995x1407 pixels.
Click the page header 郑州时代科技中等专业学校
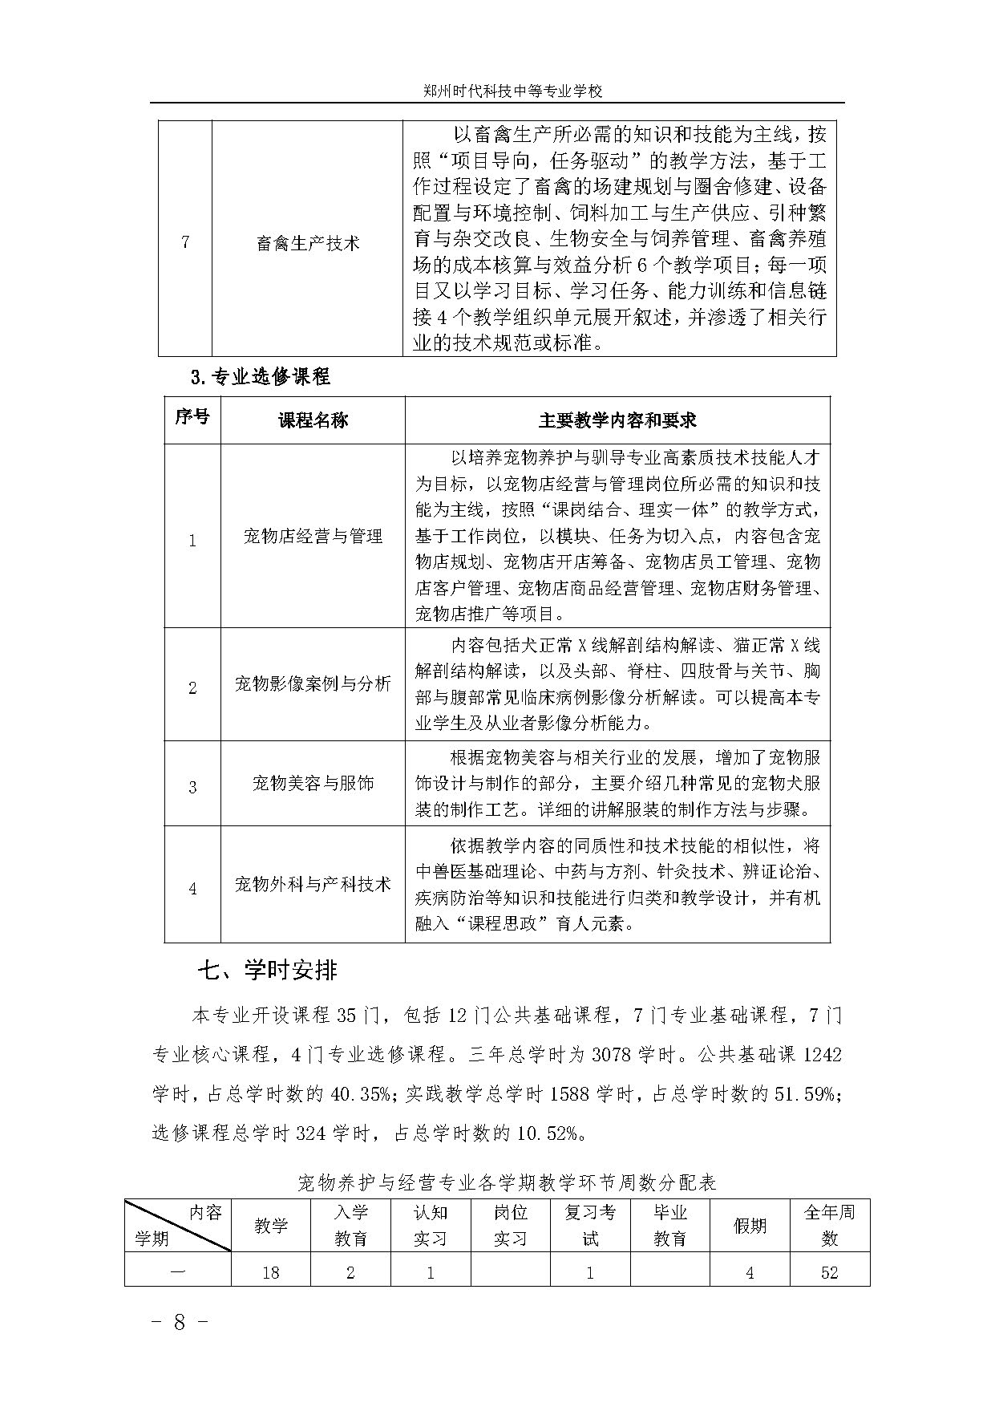[512, 91]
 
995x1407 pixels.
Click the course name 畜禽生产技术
[308, 242]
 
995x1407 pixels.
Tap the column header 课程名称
[313, 420]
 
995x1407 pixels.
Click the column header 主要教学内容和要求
[617, 420]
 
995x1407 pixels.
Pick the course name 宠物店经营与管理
[313, 536]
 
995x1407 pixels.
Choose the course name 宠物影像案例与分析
[313, 683]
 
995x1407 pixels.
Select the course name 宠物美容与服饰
[313, 783]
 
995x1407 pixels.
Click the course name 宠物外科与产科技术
[313, 884]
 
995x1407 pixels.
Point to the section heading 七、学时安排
[268, 971]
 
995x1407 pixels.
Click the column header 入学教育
[350, 1225]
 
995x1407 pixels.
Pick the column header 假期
[750, 1226]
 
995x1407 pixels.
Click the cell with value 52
[829, 1272]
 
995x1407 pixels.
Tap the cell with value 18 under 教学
[270, 1272]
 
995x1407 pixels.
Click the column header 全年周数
[829, 1225]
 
